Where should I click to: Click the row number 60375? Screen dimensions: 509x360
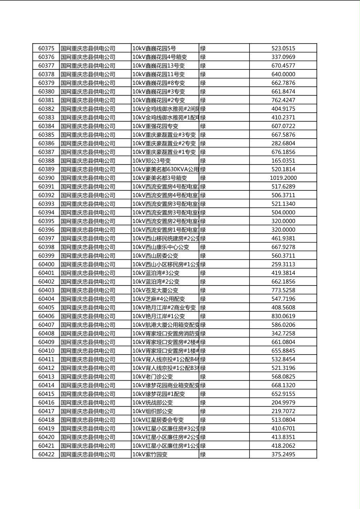[46, 48]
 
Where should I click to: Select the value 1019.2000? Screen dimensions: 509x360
[283, 178]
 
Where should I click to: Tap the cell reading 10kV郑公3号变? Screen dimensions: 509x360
[152, 161]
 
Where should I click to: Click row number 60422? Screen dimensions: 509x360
[46, 454]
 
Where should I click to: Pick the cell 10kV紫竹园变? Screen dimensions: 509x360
[150, 454]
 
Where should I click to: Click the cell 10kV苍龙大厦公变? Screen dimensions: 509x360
[155, 290]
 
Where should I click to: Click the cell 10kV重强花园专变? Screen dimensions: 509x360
[155, 126]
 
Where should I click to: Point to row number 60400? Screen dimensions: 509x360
[46, 264]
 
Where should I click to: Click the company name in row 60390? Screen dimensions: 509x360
[88, 178]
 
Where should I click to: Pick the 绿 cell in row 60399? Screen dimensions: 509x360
[203, 256]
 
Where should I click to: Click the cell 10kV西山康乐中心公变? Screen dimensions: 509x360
[161, 247]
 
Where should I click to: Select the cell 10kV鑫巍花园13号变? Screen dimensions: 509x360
[158, 66]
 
